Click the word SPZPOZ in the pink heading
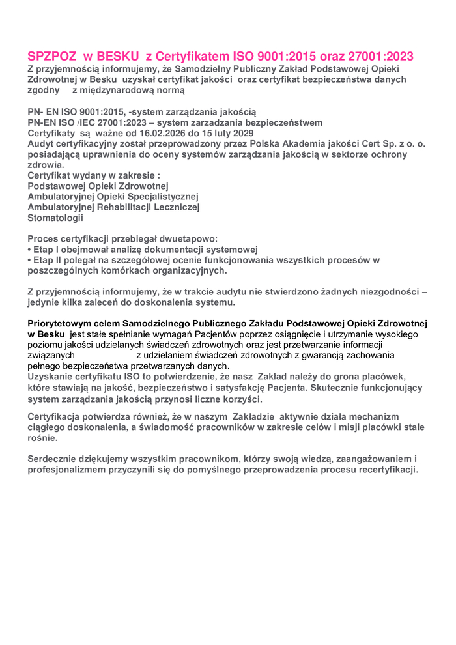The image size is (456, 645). coord(52,56)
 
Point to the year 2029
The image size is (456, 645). coord(242,133)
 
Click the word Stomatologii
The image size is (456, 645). coord(55,218)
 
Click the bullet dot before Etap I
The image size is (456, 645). coord(29,250)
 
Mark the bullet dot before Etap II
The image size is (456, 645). coord(29,260)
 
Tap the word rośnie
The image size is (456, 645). coord(42,438)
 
